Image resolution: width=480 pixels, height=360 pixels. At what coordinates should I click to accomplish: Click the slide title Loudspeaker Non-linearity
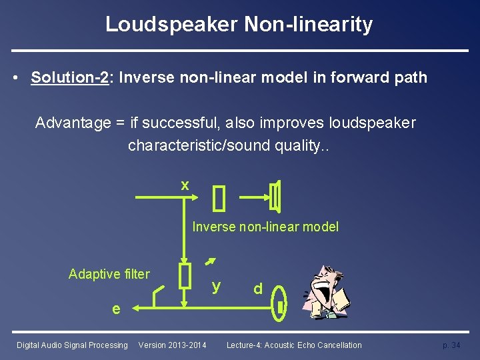click(x=239, y=25)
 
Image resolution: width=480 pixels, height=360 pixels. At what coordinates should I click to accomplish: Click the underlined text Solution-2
click(x=70, y=77)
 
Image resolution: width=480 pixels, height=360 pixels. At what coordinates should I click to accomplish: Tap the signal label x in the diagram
click(x=185, y=185)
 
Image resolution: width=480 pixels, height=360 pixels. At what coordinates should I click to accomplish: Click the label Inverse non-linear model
click(x=265, y=227)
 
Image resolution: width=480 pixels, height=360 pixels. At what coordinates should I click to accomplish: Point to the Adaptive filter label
click(x=109, y=273)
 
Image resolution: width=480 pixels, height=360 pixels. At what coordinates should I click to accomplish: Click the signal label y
click(x=215, y=286)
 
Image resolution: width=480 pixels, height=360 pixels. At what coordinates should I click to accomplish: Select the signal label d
click(x=257, y=289)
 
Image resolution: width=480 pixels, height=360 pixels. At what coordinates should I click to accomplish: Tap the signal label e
click(x=116, y=309)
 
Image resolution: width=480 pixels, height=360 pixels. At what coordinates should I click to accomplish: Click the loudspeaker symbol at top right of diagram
click(x=276, y=197)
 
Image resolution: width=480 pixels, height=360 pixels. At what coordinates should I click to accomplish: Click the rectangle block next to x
click(x=219, y=197)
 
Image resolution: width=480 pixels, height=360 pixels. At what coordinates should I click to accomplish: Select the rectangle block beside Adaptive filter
click(x=185, y=275)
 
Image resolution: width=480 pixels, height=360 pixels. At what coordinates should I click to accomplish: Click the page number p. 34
click(x=451, y=345)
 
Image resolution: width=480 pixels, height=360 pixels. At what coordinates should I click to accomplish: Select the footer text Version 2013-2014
click(x=172, y=345)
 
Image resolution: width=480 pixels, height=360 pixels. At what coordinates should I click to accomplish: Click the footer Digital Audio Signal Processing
click(x=72, y=345)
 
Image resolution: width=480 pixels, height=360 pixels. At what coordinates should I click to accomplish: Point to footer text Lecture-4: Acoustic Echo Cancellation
click(x=294, y=345)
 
